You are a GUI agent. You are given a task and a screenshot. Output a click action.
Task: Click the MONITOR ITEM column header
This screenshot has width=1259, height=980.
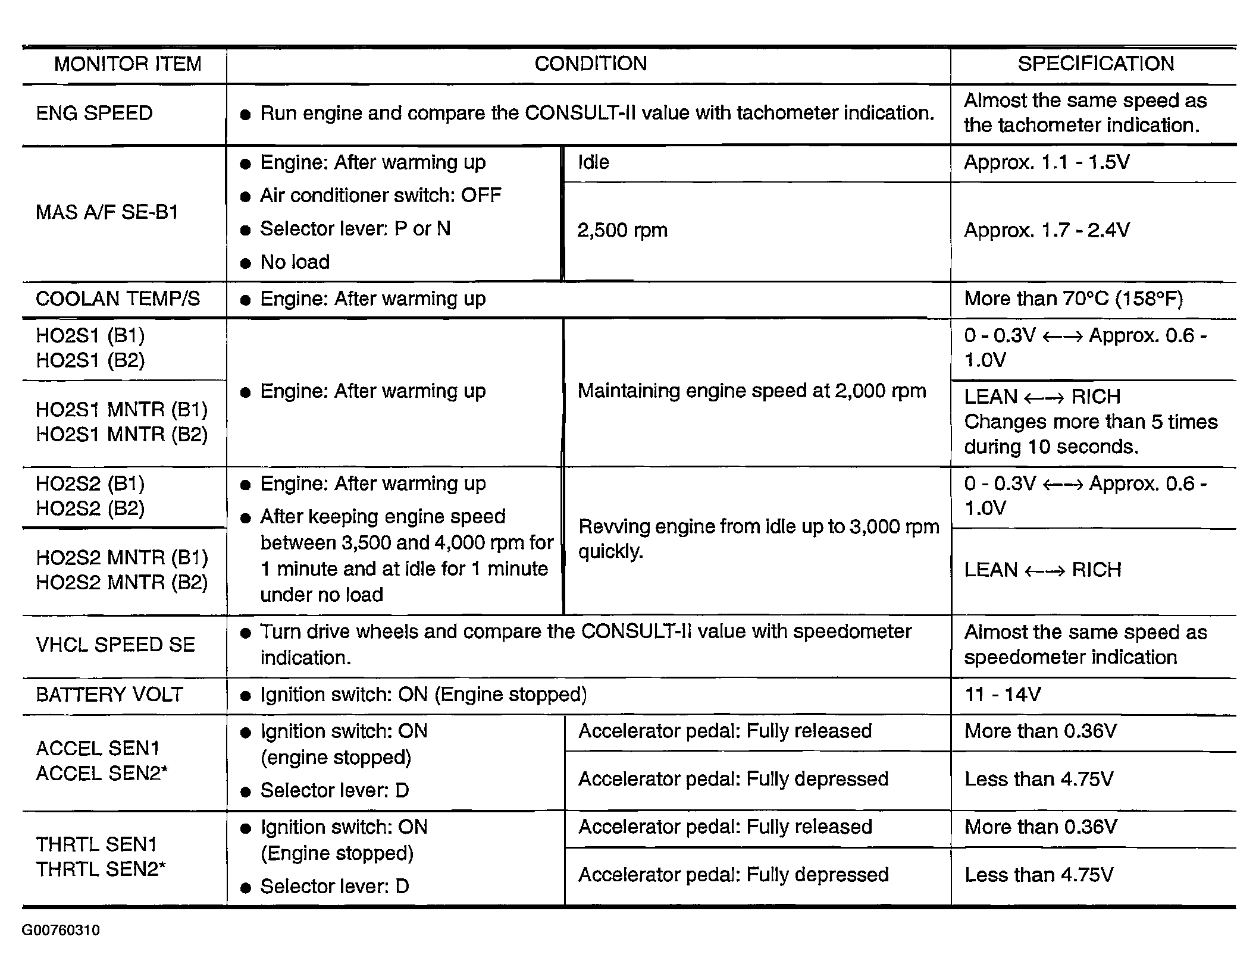[x=127, y=64]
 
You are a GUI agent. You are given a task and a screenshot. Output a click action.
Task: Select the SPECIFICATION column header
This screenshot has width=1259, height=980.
[x=1095, y=64]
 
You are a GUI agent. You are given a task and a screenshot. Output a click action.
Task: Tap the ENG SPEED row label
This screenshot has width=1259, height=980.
[x=94, y=114]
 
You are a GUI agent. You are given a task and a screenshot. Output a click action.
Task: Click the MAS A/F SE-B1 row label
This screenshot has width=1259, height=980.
[x=107, y=213]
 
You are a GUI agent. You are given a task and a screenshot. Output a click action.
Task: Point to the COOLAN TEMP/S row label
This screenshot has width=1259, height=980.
[x=118, y=299]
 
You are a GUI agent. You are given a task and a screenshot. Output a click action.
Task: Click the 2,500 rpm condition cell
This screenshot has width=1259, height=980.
[x=622, y=231]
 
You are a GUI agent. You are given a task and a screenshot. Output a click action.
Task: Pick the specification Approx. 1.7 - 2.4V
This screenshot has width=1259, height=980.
[x=1047, y=231]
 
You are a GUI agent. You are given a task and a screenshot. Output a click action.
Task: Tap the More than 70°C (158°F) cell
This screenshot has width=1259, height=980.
[x=1073, y=299]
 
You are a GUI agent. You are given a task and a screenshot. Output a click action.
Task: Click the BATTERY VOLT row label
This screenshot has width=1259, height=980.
[x=109, y=695]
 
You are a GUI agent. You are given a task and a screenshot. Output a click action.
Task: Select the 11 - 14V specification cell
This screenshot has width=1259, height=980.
[x=1003, y=695]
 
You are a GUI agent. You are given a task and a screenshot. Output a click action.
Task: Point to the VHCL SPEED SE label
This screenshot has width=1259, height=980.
[x=115, y=645]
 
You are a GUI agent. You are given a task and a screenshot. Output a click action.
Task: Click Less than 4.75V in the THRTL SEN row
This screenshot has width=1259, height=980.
[x=1039, y=875]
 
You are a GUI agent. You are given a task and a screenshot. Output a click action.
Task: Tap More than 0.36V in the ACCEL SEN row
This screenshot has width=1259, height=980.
[x=1041, y=731]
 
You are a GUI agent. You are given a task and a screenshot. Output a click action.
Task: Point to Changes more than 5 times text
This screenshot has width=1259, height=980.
[x=1091, y=422]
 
